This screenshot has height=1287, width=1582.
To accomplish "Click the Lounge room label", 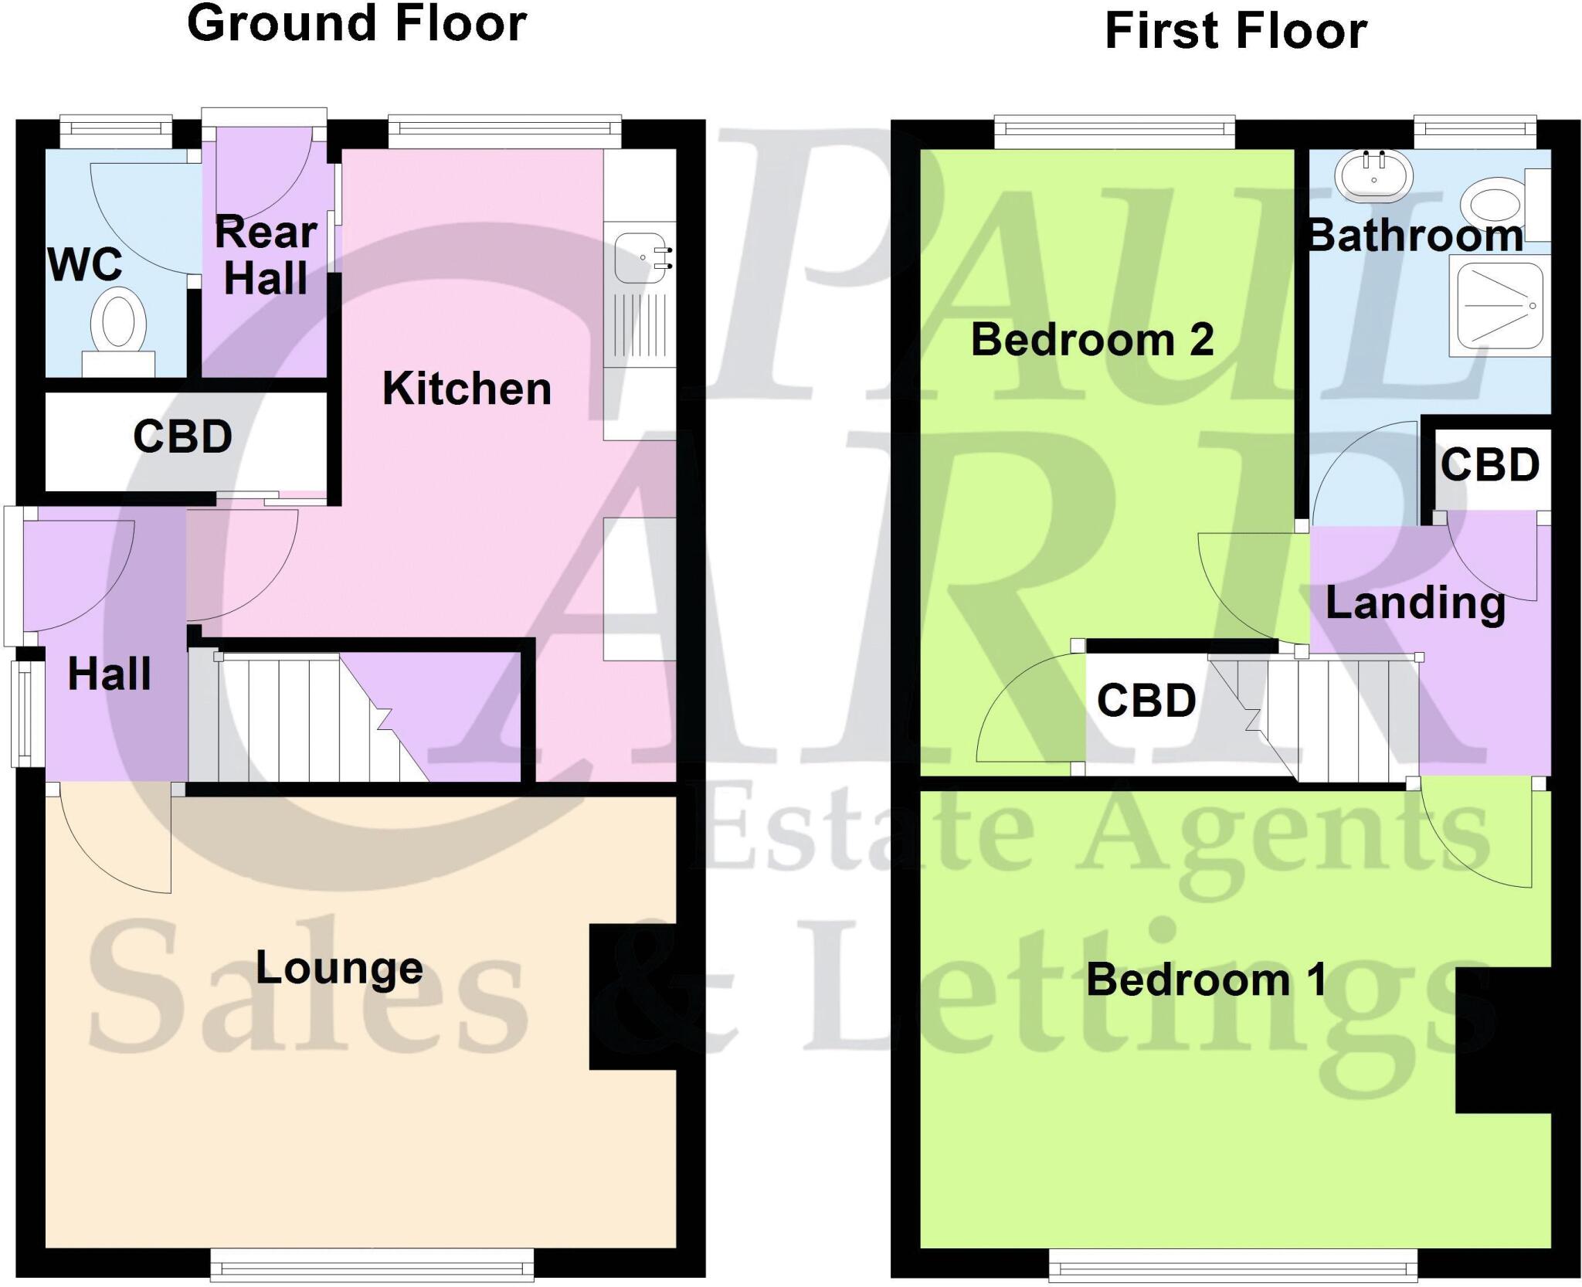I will click(339, 967).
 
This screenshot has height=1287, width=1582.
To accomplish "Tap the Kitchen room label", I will click(467, 388).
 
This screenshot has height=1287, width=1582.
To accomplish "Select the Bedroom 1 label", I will click(1207, 980).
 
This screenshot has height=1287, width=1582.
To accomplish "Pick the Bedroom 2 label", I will click(1091, 339).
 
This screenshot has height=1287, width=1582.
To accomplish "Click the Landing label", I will click(1415, 603).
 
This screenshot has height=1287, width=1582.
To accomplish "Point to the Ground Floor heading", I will click(357, 23).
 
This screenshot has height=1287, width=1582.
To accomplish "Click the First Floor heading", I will click(1236, 31).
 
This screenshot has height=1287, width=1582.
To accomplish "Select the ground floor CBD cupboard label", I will click(182, 437).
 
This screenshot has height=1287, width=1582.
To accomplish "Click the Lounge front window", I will click(372, 1267).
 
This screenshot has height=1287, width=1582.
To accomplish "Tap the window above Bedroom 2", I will click(1114, 131).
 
